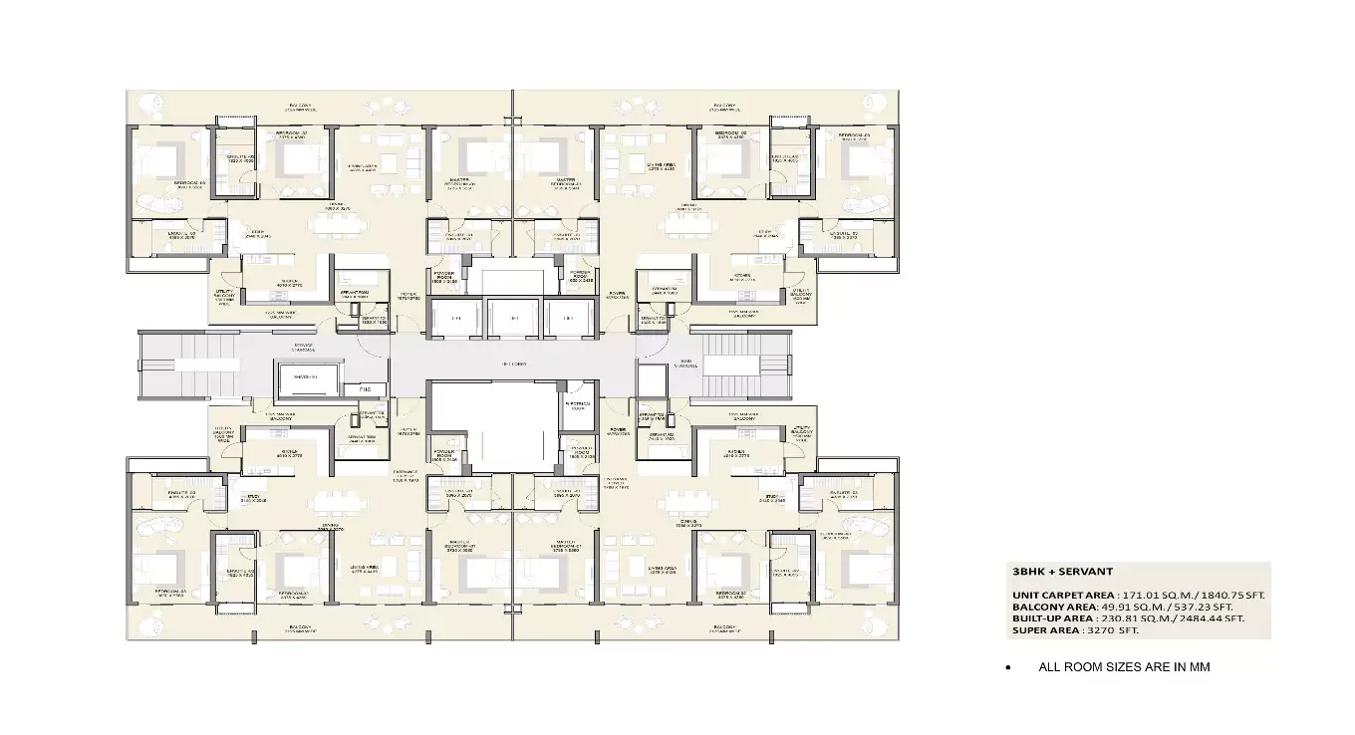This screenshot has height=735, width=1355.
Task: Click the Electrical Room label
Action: pyautogui.click(x=577, y=403)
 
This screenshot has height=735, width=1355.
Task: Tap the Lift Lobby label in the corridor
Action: pyautogui.click(x=513, y=365)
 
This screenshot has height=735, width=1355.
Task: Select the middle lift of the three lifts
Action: pyautogui.click(x=513, y=318)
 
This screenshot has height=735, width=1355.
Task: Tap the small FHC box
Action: pyautogui.click(x=366, y=388)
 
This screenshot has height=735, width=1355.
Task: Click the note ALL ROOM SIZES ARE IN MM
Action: pyautogui.click(x=1124, y=667)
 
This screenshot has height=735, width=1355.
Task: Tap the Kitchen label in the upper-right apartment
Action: pyautogui.click(x=742, y=280)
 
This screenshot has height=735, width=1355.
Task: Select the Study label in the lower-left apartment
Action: pyautogui.click(x=255, y=501)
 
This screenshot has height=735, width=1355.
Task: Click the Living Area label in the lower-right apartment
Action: pyautogui.click(x=665, y=572)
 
